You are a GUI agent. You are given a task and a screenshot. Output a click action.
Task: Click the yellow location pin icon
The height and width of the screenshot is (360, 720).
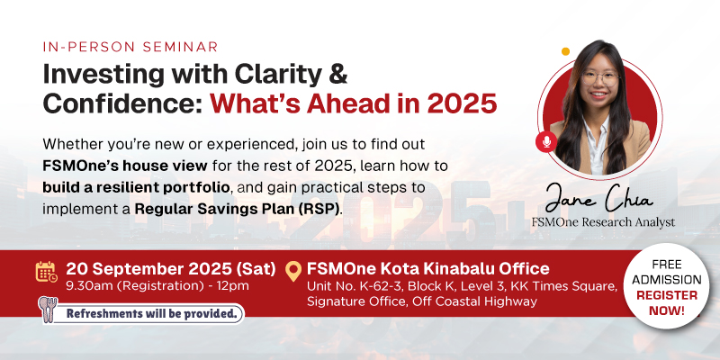pos(292,270)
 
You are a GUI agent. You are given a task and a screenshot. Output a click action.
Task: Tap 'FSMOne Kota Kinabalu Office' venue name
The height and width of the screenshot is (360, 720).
pos(427,269)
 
